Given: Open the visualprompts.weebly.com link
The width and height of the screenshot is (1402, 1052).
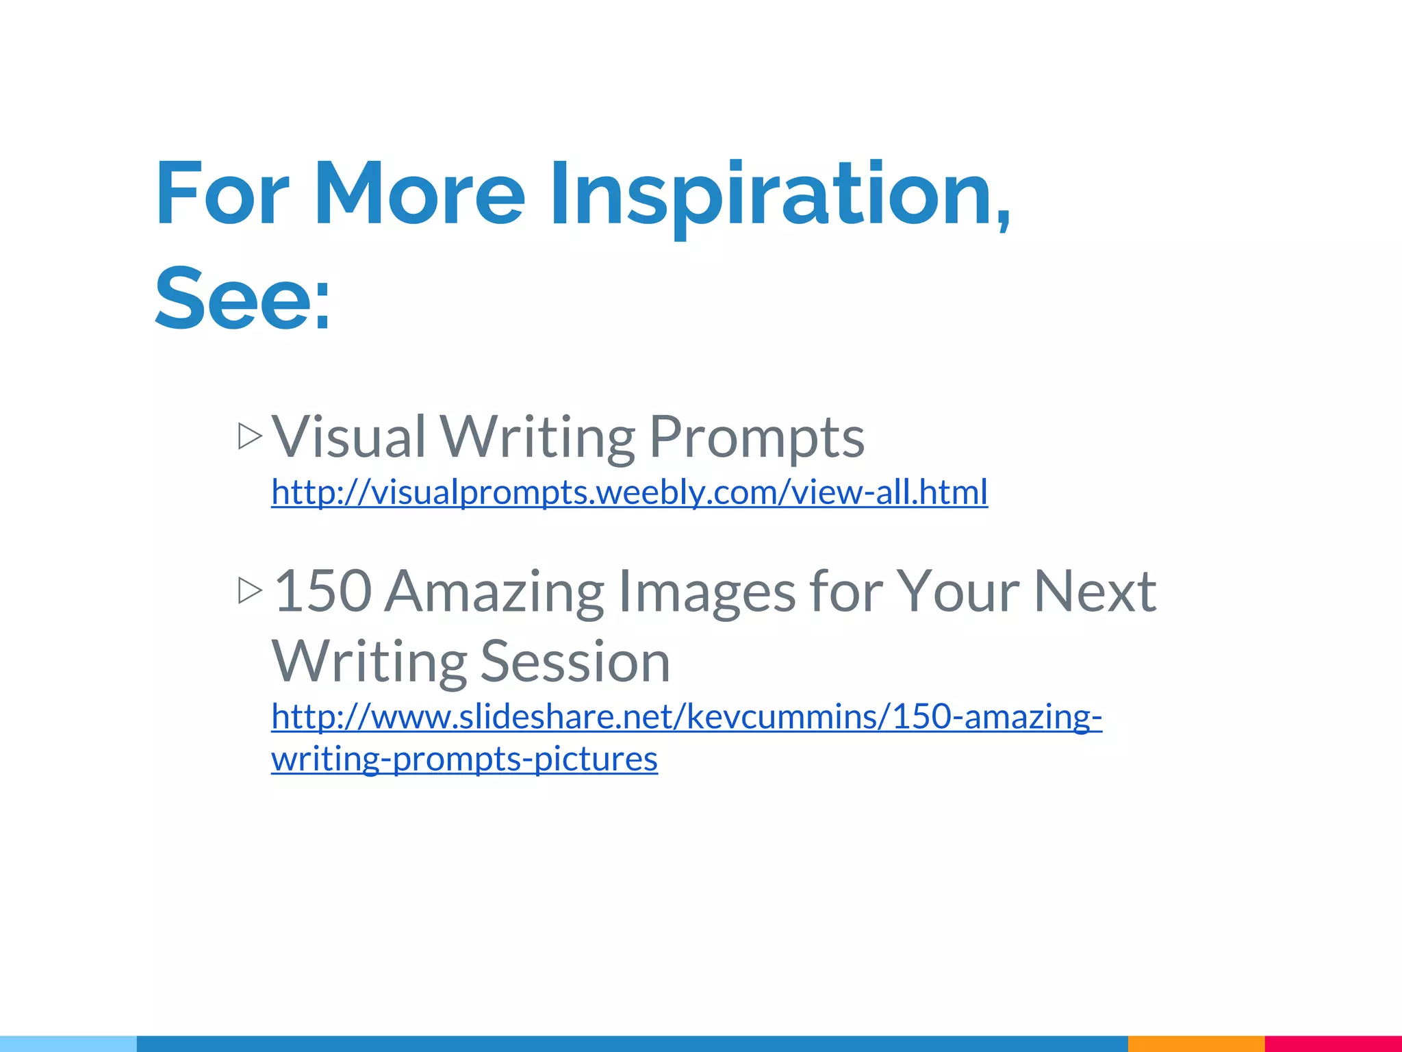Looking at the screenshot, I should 629,492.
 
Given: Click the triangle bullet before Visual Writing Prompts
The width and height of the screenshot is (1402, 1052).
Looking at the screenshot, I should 250,436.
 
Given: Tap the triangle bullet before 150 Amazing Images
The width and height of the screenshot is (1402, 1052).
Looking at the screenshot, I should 250,590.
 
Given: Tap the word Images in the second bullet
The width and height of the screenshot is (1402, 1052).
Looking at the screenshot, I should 706,592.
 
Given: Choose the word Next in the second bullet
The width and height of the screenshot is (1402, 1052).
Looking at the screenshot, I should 1095,590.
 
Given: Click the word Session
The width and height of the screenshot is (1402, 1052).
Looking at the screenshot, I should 575,662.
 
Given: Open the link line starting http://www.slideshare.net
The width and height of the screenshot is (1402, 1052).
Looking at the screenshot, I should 686,717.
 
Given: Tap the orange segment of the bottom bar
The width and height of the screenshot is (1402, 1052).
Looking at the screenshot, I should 1196,1044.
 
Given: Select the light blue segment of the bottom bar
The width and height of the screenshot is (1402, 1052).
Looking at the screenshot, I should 68,1044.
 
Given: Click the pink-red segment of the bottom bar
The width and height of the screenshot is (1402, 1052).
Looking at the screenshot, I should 1333,1044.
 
